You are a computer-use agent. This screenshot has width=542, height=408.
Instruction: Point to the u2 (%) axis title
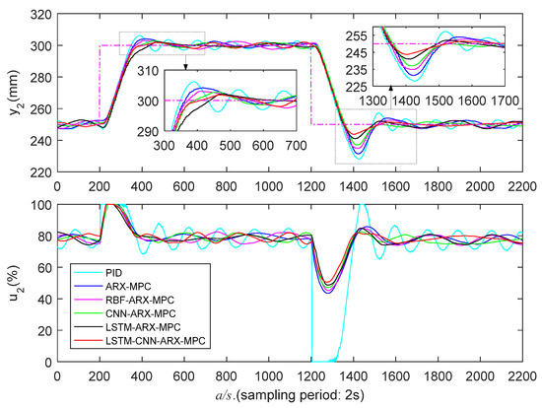(x=13, y=283)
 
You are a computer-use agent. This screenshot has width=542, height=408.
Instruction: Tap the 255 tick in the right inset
(x=351, y=33)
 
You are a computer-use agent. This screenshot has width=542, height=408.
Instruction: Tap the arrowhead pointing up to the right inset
(x=391, y=87)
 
